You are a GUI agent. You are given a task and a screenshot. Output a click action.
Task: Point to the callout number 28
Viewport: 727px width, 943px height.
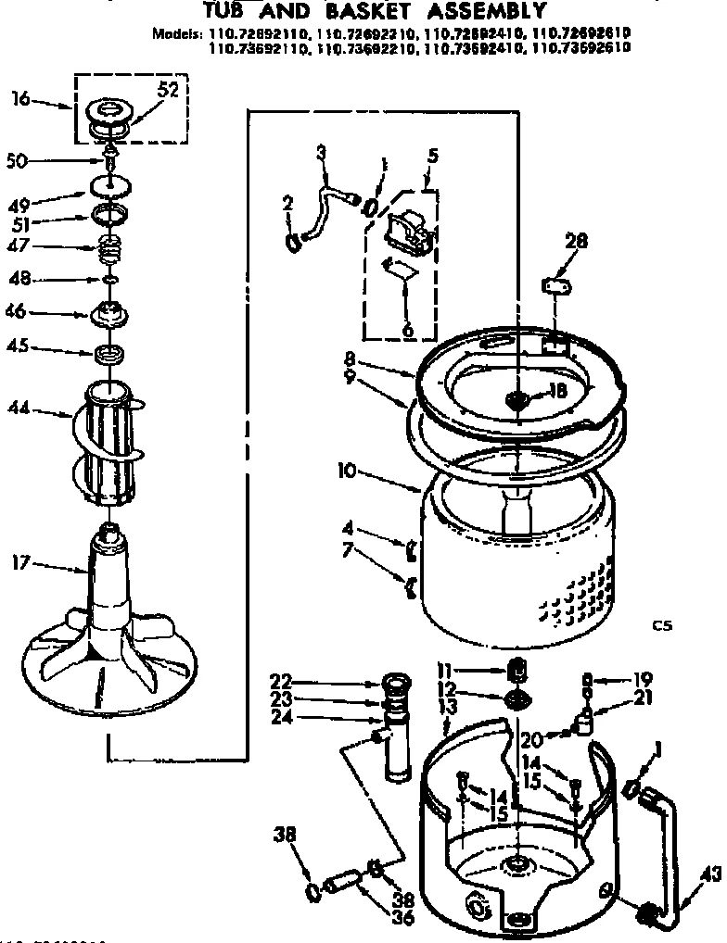tap(576, 243)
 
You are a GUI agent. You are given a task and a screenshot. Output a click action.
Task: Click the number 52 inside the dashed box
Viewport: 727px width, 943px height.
tap(168, 90)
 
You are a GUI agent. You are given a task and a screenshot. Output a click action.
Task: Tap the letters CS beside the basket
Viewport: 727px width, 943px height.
tap(661, 626)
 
